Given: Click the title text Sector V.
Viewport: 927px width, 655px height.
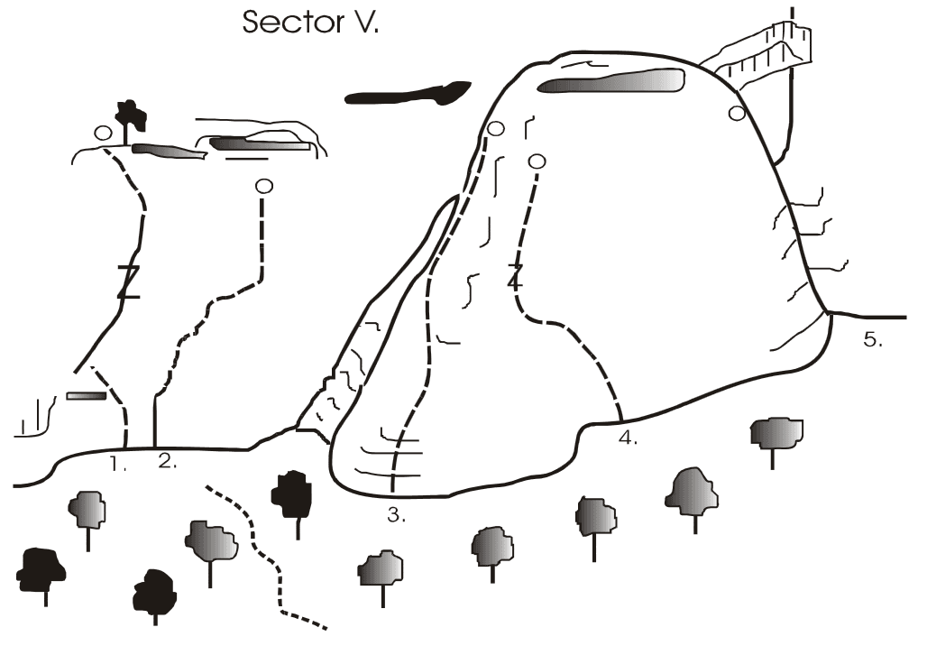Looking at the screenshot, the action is click(310, 22).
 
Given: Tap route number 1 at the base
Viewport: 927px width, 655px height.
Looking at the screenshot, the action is click(118, 464).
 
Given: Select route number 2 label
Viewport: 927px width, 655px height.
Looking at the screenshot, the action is click(168, 461).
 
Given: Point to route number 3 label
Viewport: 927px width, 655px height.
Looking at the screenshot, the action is click(397, 515).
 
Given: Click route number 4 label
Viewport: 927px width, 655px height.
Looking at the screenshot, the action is click(628, 438).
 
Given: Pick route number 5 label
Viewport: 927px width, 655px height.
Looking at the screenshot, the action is click(873, 339).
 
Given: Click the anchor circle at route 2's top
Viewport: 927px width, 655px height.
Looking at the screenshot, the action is click(264, 187).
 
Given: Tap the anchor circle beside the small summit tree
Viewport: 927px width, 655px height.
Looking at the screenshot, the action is click(103, 133).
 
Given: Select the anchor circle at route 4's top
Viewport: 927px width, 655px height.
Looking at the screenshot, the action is click(537, 161).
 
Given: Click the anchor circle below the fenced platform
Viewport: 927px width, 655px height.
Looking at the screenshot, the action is click(737, 113).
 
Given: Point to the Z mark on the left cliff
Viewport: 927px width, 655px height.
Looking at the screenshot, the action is click(128, 281).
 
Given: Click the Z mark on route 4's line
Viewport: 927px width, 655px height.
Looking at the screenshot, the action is click(516, 277).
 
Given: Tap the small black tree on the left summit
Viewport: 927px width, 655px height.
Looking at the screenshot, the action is click(130, 116).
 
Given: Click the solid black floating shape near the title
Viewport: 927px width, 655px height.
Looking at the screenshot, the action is click(408, 93).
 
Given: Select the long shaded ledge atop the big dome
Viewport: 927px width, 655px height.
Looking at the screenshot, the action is click(610, 81).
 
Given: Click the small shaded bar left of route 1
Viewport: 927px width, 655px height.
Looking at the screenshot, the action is click(87, 395).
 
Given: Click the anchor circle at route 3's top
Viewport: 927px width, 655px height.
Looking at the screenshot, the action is click(495, 128).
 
